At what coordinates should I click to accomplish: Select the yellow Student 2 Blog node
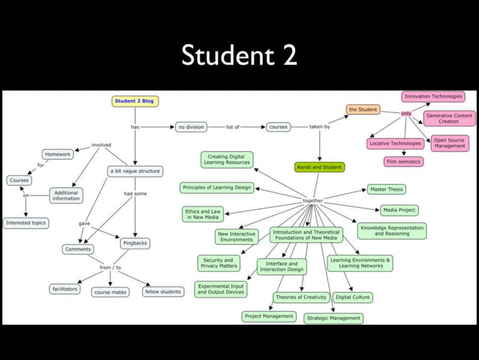click(135, 101)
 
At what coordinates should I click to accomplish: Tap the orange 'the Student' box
click(363, 110)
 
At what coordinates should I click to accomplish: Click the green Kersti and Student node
click(319, 167)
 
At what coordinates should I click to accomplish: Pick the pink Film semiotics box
click(404, 162)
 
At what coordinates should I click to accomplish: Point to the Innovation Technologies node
click(433, 96)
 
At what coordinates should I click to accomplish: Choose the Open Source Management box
click(450, 142)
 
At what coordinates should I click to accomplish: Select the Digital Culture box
click(352, 298)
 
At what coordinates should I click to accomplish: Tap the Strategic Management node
click(333, 319)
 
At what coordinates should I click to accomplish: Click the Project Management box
click(270, 316)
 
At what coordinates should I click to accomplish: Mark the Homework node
click(57, 154)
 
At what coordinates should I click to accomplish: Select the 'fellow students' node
click(163, 291)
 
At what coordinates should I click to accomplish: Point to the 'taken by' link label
click(320, 127)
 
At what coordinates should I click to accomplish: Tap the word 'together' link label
click(313, 201)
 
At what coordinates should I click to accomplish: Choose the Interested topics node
click(26, 223)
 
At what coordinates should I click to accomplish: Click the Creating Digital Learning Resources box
click(227, 159)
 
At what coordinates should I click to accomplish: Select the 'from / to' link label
click(110, 267)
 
